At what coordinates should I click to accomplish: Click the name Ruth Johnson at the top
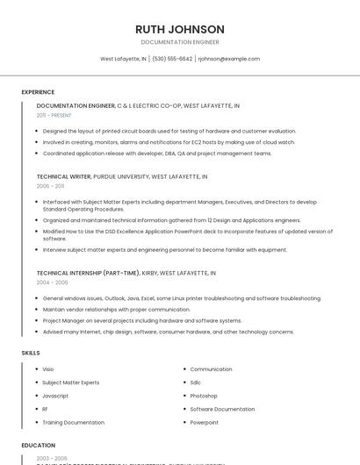pyautogui.click(x=180, y=29)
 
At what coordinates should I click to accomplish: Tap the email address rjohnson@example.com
pyautogui.click(x=229, y=59)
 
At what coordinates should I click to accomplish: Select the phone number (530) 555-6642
pyautogui.click(x=172, y=59)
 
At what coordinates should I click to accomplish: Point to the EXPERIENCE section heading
pyautogui.click(x=38, y=92)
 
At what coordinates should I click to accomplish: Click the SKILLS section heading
pyautogui.click(x=31, y=353)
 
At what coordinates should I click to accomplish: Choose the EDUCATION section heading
pyautogui.click(x=39, y=445)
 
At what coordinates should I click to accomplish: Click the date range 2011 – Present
pyautogui.click(x=54, y=115)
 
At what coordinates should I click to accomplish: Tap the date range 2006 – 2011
pyautogui.click(x=50, y=186)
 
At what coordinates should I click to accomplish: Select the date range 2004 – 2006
pyautogui.click(x=52, y=283)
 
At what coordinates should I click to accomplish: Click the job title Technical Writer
pyautogui.click(x=64, y=176)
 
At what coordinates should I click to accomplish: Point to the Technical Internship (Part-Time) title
pyautogui.click(x=88, y=273)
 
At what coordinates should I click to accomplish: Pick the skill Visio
pyautogui.click(x=48, y=369)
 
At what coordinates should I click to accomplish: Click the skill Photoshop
pyautogui.click(x=204, y=396)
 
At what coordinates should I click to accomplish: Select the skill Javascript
pyautogui.click(x=55, y=396)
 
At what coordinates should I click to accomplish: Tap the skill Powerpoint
pyautogui.click(x=205, y=422)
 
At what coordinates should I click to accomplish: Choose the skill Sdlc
pyautogui.click(x=196, y=383)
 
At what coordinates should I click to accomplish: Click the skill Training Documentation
pyautogui.click(x=73, y=422)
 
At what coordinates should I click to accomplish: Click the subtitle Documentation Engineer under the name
pyautogui.click(x=180, y=42)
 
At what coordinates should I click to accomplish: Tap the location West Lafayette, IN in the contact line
pyautogui.click(x=123, y=59)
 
